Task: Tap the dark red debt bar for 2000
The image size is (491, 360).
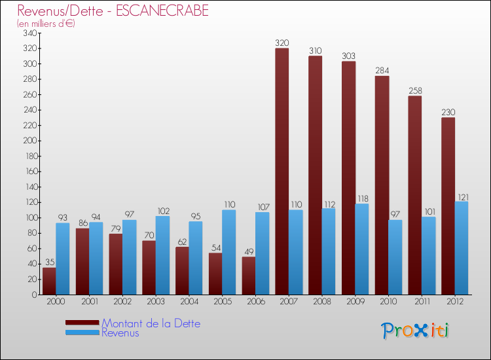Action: pyautogui.click(x=49, y=281)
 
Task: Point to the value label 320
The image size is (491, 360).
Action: pyautogui.click(x=282, y=43)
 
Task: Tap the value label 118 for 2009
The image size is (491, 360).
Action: pyautogui.click(x=361, y=198)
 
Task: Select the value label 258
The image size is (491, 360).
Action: pyautogui.click(x=415, y=90)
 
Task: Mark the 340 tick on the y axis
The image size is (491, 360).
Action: pyautogui.click(x=30, y=33)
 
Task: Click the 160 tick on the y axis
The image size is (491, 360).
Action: pyautogui.click(x=30, y=171)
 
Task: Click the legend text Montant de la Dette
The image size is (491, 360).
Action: pyautogui.click(x=151, y=323)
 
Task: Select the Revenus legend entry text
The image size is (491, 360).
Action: pyautogui.click(x=120, y=333)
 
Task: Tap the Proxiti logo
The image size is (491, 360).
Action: pyautogui.click(x=416, y=331)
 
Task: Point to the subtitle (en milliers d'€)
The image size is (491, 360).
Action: pyautogui.click(x=46, y=24)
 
